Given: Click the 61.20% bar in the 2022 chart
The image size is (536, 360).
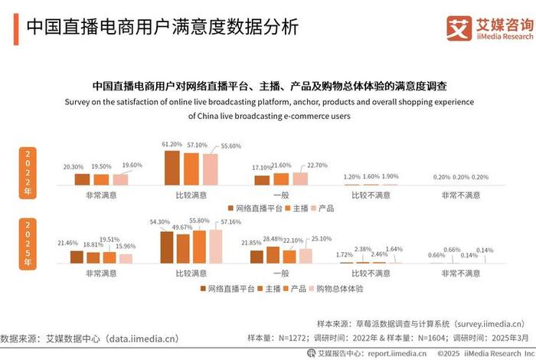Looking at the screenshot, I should click(172, 168).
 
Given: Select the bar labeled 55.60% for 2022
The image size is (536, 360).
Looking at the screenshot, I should click(209, 169).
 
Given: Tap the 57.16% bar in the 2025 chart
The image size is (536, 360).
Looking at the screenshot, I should click(216, 246).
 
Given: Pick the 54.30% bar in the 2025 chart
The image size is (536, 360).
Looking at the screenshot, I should click(167, 247).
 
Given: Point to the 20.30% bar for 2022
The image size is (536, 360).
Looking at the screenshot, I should click(82, 179).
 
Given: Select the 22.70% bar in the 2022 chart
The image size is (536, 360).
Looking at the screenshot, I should click(299, 178).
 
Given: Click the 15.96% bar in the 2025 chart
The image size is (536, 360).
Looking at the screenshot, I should click(125, 258).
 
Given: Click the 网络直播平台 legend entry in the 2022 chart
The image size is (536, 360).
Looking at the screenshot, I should click(253, 208).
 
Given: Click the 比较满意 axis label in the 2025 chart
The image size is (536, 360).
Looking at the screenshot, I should click(191, 273).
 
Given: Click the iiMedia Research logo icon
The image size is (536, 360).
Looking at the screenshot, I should click(459, 28).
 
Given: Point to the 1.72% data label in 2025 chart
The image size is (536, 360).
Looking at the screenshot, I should click(346, 254).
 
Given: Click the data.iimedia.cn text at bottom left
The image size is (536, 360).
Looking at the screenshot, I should click(136, 338).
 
